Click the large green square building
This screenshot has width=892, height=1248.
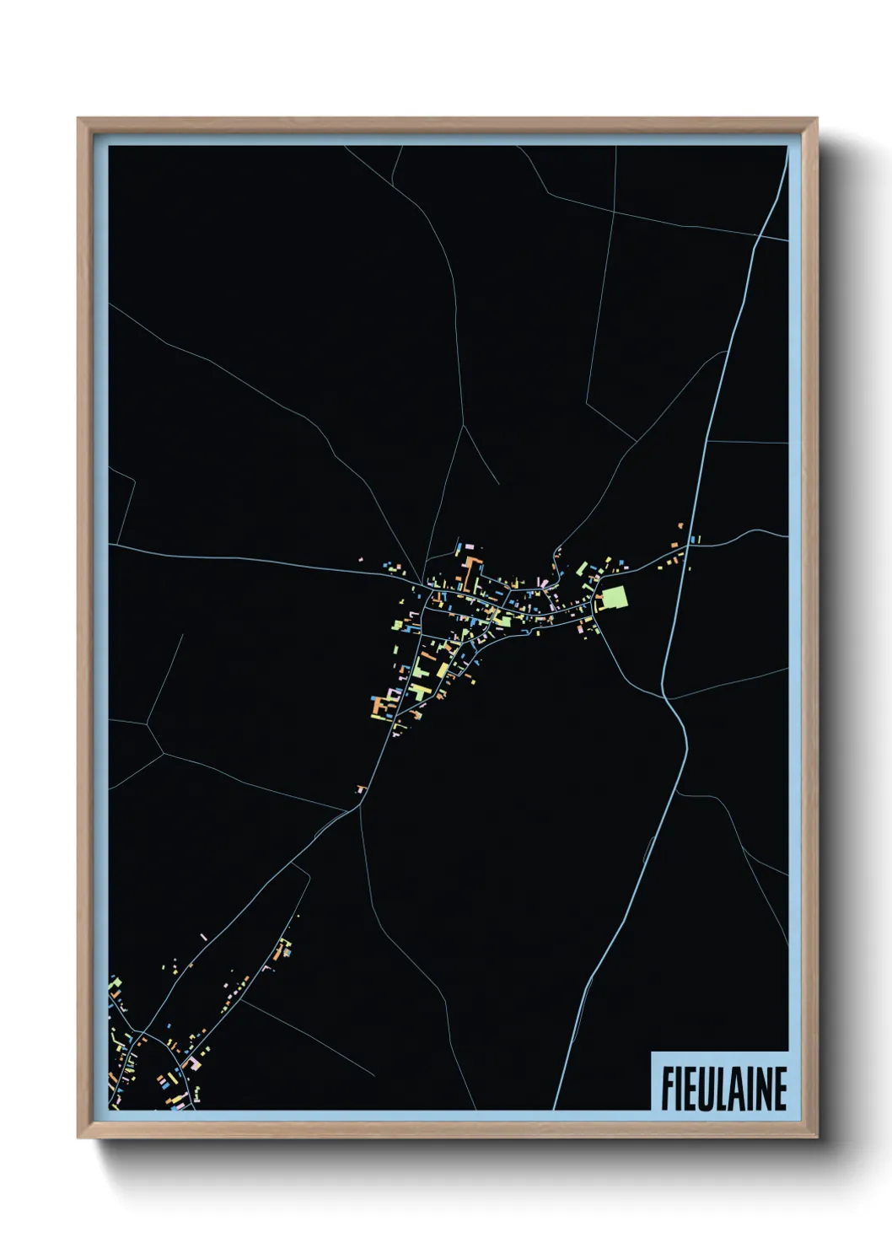coord(615,599)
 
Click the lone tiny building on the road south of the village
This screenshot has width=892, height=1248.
coord(362,789)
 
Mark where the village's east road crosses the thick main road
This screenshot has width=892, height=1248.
coord(688,546)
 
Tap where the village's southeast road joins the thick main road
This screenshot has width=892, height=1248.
coord(664,697)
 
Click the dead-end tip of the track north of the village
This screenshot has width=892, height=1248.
coord(498,484)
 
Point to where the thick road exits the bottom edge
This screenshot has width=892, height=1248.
coord(555,1109)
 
